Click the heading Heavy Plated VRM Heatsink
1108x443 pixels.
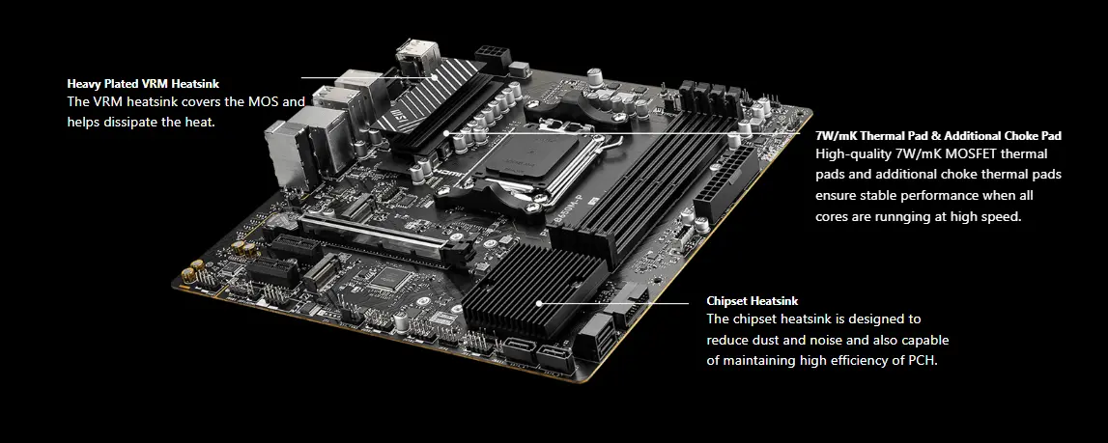(x=143, y=84)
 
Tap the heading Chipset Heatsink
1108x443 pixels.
(x=752, y=301)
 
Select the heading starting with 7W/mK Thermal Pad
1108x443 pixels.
(x=938, y=136)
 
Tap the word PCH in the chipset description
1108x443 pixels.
(x=922, y=360)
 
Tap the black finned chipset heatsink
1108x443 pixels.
(x=533, y=290)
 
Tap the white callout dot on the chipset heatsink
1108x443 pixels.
(x=538, y=303)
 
